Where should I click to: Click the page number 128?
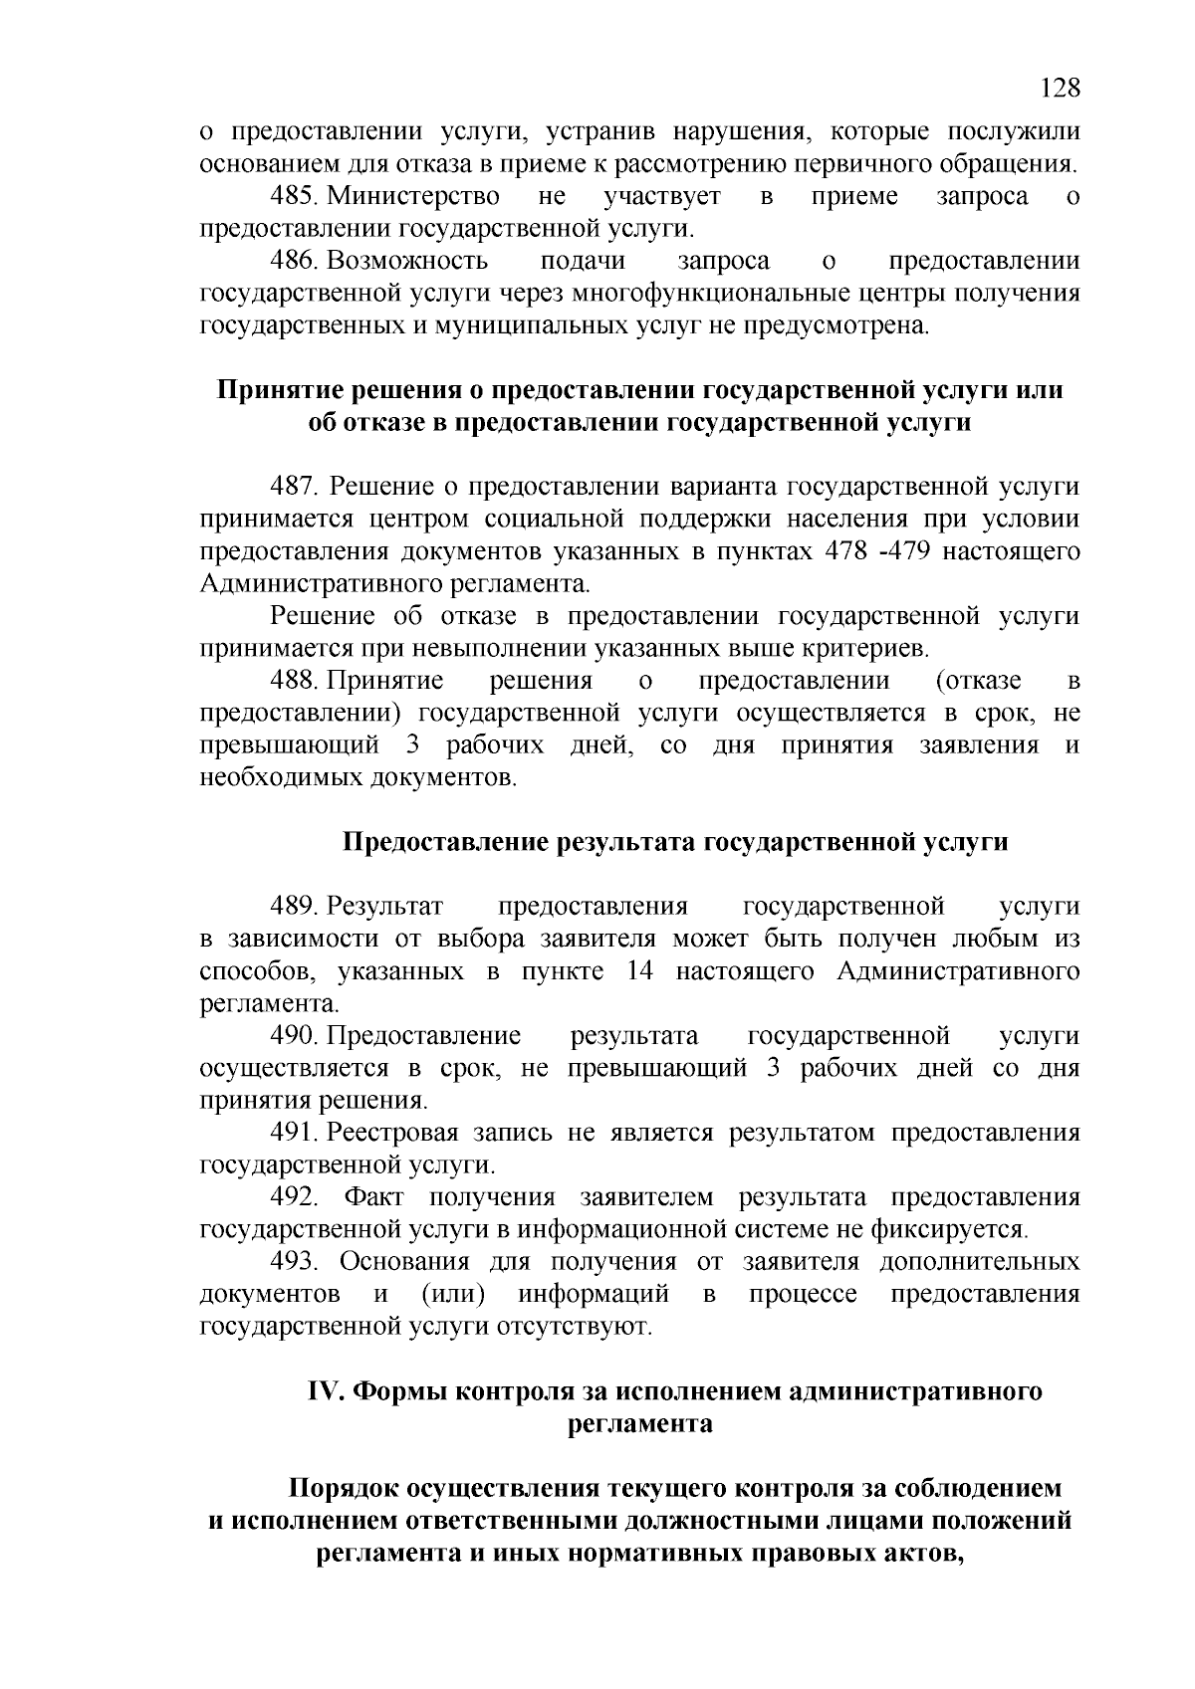(x=1060, y=89)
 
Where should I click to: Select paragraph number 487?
(x=296, y=488)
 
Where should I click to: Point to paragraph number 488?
(x=296, y=682)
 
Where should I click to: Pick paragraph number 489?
(x=296, y=907)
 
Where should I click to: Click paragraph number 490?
(x=296, y=1037)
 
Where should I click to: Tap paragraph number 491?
(x=296, y=1134)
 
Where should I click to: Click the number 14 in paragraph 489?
(x=639, y=971)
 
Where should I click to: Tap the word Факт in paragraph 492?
(x=373, y=1197)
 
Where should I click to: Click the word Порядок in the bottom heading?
(x=346, y=1489)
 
